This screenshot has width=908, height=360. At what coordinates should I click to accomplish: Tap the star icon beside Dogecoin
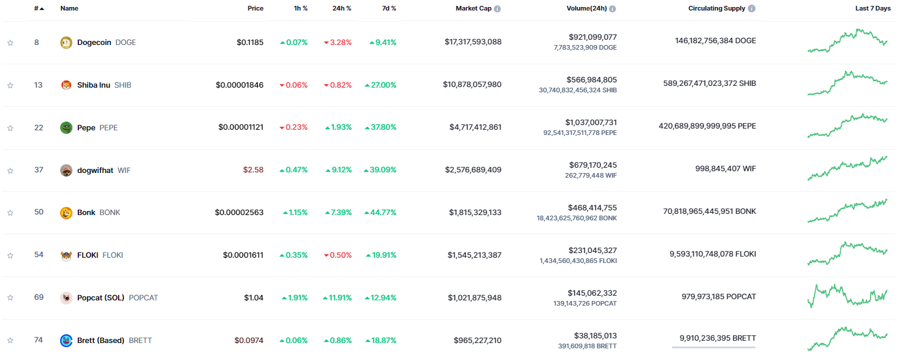10,43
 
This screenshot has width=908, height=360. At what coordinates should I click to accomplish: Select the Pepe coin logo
66,127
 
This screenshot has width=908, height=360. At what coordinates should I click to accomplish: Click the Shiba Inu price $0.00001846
240,85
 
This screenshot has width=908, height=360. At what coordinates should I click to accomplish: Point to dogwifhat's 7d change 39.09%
380,170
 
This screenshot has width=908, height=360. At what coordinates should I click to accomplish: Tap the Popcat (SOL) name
100,297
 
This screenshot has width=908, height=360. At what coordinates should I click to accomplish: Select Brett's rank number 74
39,340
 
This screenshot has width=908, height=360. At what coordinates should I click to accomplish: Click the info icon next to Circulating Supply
751,9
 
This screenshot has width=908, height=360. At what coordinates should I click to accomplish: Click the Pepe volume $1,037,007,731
591,122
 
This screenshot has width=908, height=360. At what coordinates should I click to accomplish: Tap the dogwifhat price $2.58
253,170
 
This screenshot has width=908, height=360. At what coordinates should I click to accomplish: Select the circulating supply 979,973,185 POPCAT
718,296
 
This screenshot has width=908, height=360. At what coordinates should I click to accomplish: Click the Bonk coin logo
66,213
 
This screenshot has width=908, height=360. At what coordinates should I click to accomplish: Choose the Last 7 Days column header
873,9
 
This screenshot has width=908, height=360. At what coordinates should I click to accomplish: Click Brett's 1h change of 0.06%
293,340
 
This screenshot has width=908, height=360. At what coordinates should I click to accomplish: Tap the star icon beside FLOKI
10,255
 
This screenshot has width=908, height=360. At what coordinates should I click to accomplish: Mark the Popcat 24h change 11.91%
337,297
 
